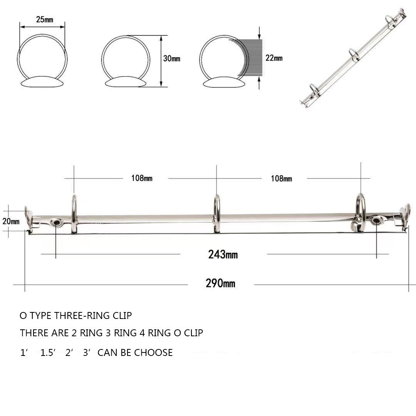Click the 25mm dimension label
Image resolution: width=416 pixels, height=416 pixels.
[x=45, y=20]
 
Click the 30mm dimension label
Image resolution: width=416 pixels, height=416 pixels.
[x=171, y=59]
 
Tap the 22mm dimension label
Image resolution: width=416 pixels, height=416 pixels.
[x=274, y=58]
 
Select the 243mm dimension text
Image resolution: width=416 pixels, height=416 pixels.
[x=223, y=255]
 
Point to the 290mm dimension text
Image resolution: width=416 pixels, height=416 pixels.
[x=220, y=284]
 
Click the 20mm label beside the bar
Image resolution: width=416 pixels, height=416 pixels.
[x=10, y=221]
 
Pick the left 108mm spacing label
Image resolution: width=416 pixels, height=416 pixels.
[x=142, y=178]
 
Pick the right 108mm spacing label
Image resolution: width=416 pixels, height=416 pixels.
[x=281, y=179]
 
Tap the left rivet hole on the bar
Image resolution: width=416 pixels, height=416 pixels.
[x=56, y=222]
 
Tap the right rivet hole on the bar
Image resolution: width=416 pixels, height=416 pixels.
[x=376, y=221]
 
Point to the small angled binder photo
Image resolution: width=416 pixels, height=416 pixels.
[x=352, y=58]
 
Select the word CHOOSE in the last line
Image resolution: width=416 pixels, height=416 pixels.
[x=153, y=352]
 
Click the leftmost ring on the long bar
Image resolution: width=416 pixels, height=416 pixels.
[x=74, y=214]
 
